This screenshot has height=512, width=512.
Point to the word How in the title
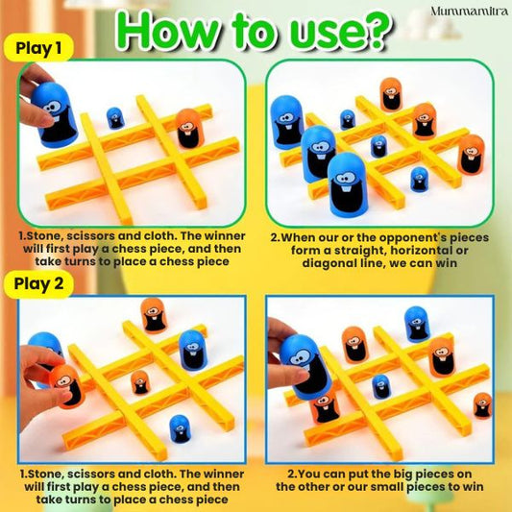[169, 31]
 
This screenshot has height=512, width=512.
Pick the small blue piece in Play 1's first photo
[114, 117]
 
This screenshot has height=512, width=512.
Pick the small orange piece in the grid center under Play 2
[140, 381]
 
